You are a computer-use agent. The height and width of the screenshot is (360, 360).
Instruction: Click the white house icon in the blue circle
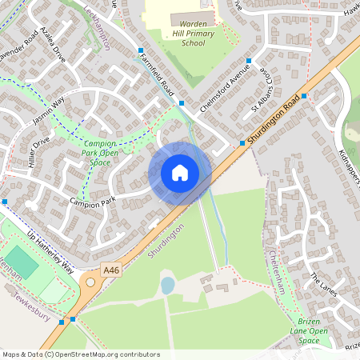[180, 172]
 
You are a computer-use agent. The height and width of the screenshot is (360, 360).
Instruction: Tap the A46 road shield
[90, 272]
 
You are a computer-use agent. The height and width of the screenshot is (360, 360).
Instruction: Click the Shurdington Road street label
[274, 120]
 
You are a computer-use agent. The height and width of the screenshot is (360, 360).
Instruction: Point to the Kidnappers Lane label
[350, 169]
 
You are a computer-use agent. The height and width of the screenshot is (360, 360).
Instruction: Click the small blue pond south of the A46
[167, 285]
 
